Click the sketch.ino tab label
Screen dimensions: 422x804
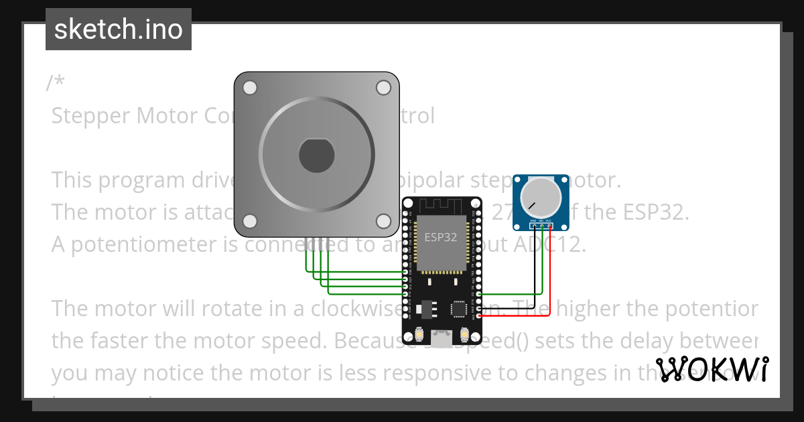[119, 29]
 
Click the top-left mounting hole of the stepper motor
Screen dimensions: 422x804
[250, 88]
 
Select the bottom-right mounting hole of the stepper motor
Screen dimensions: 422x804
[383, 221]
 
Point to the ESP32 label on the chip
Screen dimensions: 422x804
[441, 237]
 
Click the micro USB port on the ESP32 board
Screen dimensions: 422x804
[442, 338]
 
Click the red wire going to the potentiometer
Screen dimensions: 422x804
[550, 268]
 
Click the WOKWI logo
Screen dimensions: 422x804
[712, 369]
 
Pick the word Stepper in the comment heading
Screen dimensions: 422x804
[90, 116]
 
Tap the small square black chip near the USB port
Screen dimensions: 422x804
[460, 309]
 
